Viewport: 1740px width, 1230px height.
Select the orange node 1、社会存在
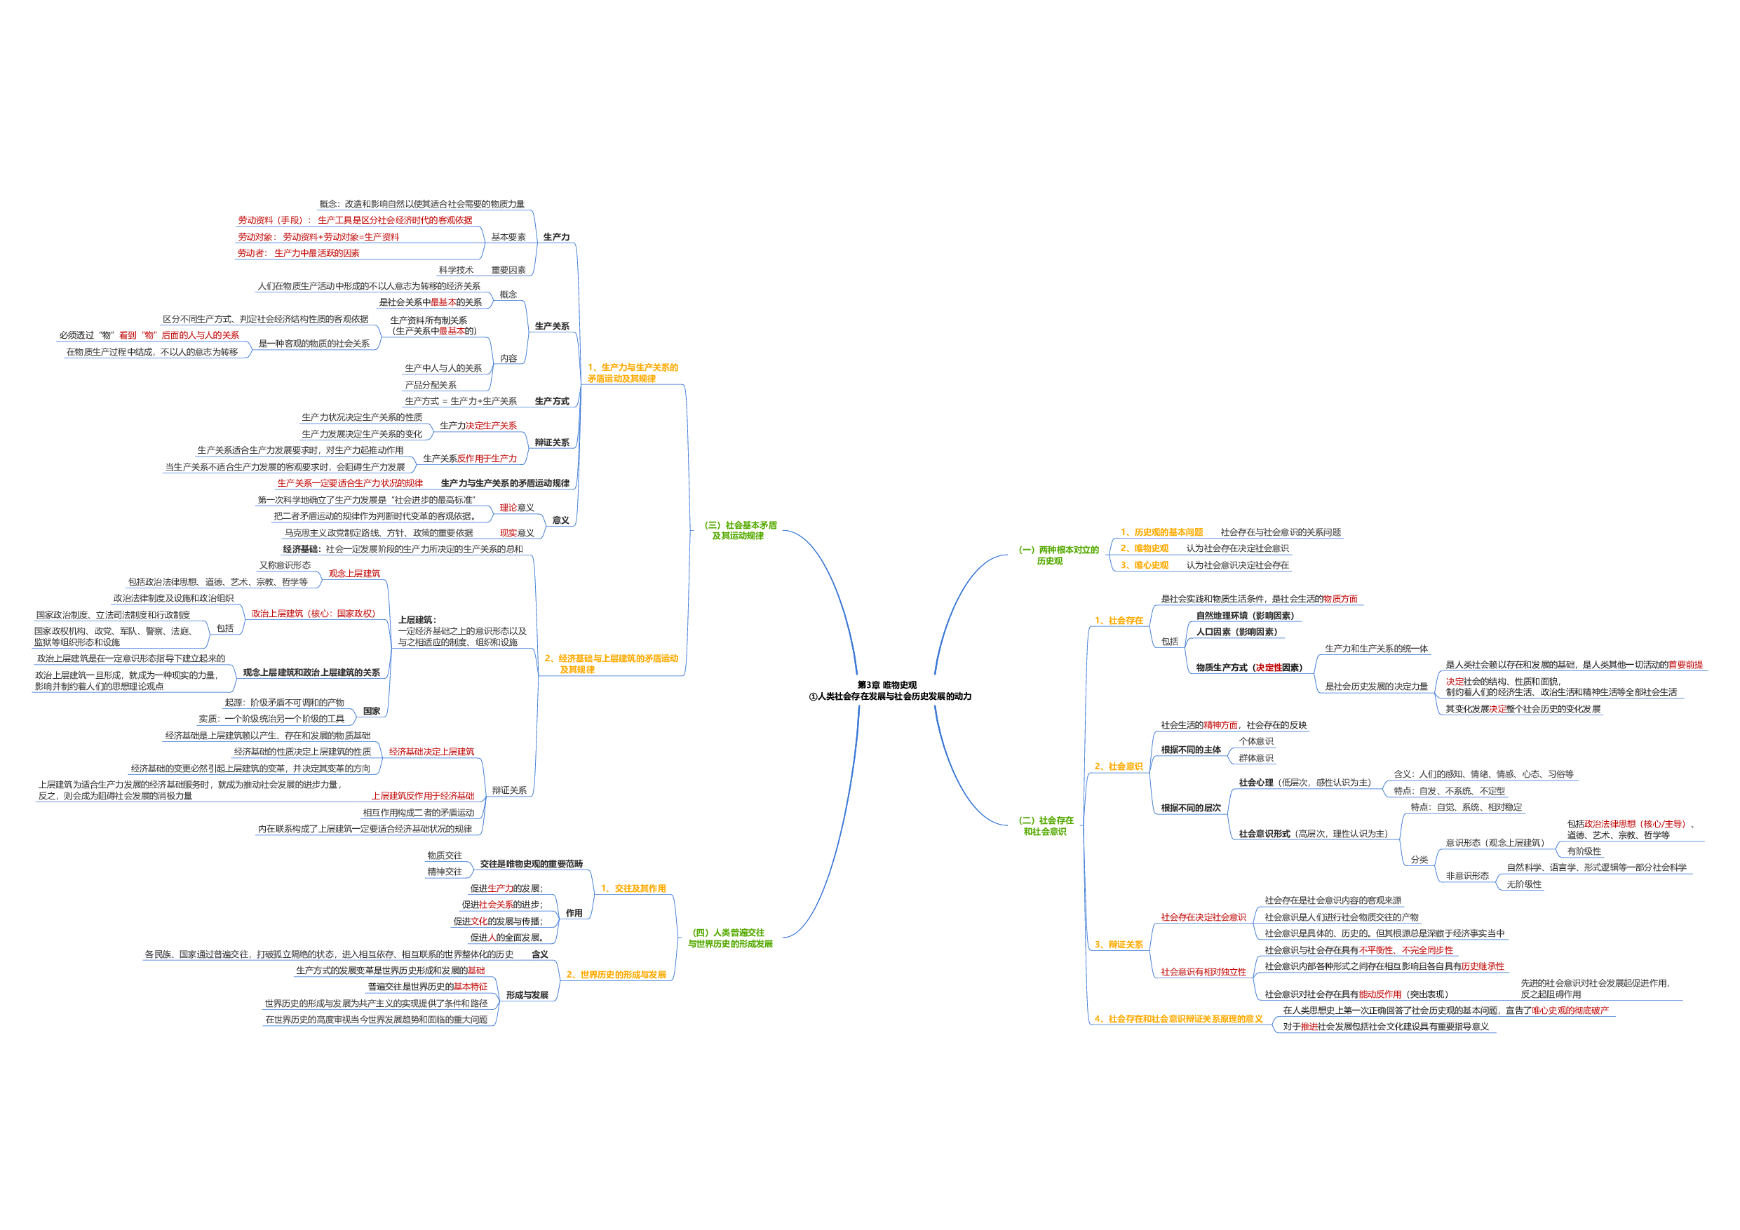(1119, 621)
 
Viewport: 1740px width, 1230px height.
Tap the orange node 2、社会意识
(1119, 767)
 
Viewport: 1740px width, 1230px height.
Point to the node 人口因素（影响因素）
(1236, 632)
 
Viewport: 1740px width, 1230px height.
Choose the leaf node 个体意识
(1256, 742)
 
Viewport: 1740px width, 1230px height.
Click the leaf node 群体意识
(1256, 759)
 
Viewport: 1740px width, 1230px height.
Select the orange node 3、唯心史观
(1145, 565)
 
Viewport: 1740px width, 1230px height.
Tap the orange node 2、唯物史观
(1145, 548)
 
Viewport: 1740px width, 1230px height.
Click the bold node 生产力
(556, 237)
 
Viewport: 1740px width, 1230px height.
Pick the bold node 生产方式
(552, 402)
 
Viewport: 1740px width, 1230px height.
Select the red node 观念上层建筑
(354, 574)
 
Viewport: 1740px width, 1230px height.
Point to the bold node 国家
(371, 712)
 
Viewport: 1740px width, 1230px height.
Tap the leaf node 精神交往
(444, 872)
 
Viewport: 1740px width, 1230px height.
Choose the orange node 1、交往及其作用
(633, 889)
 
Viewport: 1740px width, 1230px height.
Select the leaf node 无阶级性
(1523, 885)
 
